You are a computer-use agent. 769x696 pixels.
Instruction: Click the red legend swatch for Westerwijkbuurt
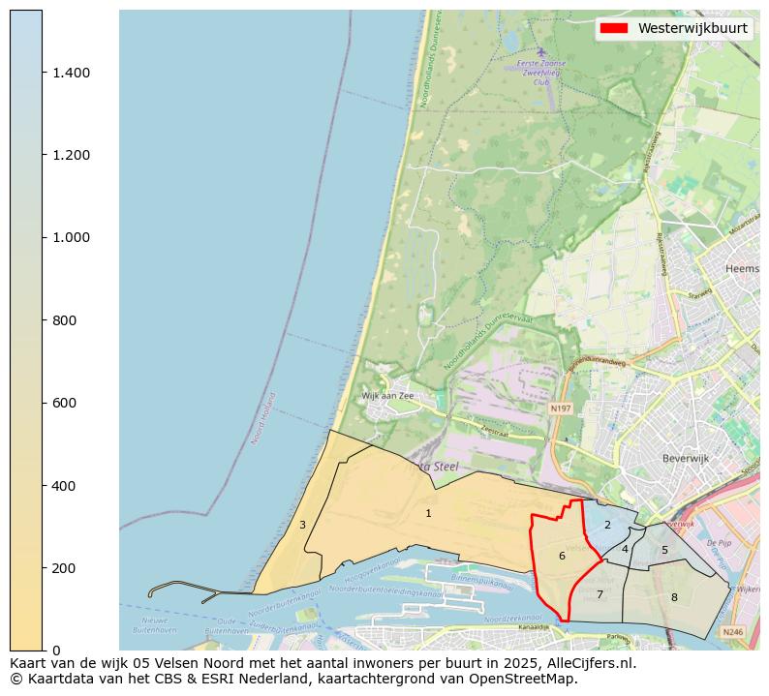(613, 28)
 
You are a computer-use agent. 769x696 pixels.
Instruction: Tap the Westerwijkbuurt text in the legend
(692, 28)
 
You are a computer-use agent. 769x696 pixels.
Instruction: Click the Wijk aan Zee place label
(387, 396)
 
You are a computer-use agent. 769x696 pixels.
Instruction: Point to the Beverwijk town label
(686, 458)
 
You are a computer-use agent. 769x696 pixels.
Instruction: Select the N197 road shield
(559, 409)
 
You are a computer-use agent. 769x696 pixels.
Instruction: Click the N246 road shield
(733, 631)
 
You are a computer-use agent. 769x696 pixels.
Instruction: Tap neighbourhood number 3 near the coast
(302, 525)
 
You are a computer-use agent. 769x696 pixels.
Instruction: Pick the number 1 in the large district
(428, 513)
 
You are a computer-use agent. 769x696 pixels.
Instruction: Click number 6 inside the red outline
(562, 556)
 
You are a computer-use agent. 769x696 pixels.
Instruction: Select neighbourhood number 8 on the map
(674, 597)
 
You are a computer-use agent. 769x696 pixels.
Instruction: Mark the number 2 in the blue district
(607, 525)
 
